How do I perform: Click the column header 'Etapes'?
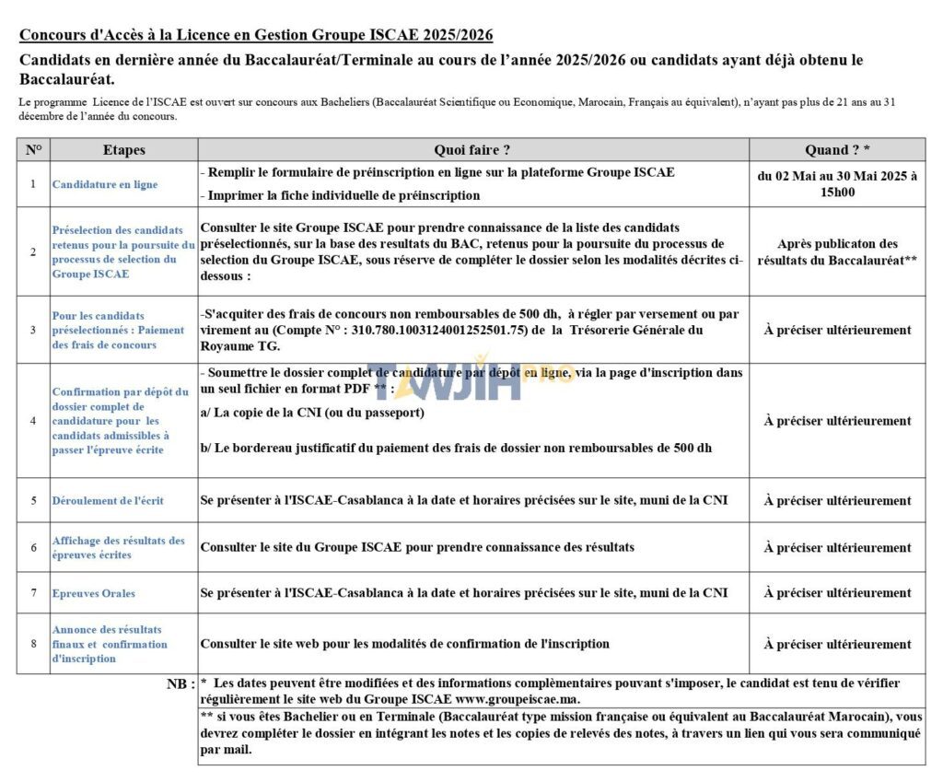[x=123, y=150]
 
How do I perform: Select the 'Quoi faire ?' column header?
[x=472, y=150]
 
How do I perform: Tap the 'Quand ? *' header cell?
[x=837, y=150]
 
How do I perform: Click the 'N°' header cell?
[x=33, y=150]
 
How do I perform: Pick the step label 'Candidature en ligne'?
[x=104, y=184]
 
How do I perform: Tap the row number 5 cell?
[x=33, y=501]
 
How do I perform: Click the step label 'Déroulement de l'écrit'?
[x=108, y=501]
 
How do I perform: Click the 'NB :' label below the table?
[x=180, y=684]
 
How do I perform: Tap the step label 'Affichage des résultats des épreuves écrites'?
[x=119, y=548]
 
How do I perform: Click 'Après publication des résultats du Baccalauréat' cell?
[x=837, y=251]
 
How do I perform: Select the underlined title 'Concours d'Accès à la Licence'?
[x=256, y=36]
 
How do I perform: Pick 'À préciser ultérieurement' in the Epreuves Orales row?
[x=837, y=593]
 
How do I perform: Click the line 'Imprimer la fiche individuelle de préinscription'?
[x=340, y=195]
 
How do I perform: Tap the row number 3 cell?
[x=33, y=330]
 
